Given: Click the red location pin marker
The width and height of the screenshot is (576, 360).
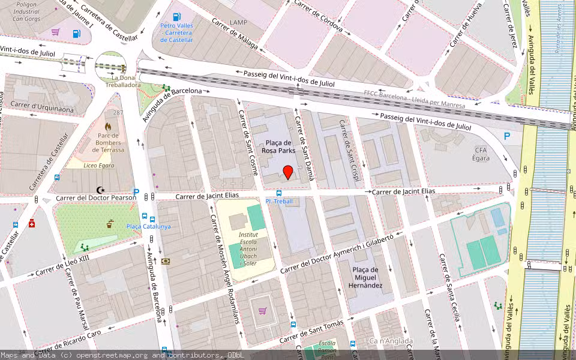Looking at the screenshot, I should pos(288,172).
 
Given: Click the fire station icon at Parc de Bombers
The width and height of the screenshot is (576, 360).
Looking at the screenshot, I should pos(108,127).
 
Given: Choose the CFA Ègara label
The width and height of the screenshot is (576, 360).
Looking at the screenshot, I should pos(481,154).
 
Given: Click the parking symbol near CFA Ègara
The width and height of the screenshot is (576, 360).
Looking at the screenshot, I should pos(507,136).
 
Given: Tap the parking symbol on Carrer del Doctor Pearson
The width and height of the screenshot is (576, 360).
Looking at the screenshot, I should pos(136,193).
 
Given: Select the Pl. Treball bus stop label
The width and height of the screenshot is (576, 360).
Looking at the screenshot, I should pos(279,201).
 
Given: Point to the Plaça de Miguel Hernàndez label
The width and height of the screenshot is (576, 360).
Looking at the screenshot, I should pos(365,278).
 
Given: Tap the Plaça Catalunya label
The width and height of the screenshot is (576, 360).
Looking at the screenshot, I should pos(148,226).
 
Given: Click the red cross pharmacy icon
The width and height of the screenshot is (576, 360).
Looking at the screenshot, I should pos(32,224).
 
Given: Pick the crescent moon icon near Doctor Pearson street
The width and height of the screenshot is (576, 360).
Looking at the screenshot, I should pos(108,190).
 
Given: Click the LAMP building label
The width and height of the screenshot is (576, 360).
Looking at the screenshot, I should pos(238,22).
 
